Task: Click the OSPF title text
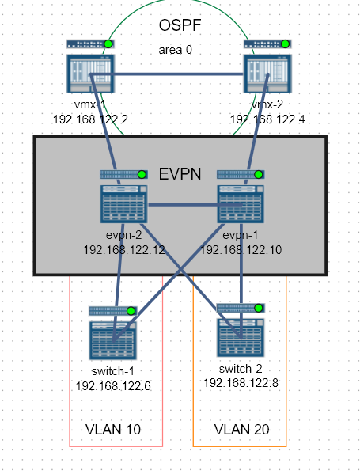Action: (x=180, y=25)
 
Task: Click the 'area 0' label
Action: (x=176, y=50)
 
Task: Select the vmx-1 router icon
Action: (x=90, y=74)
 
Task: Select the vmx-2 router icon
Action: (x=267, y=74)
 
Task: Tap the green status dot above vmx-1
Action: (x=108, y=44)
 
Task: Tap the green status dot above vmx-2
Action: (x=286, y=44)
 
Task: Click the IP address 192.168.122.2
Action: (x=90, y=119)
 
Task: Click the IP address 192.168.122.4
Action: (x=267, y=119)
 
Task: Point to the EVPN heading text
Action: (x=180, y=174)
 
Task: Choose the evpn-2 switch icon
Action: (x=124, y=204)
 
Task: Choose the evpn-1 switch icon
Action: (x=241, y=204)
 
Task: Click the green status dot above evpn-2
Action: (x=142, y=175)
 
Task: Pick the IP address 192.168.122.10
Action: (x=241, y=250)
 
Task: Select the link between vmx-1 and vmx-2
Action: (x=167, y=74)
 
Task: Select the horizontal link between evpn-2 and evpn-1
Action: (x=195, y=205)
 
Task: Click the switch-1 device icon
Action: (x=112, y=341)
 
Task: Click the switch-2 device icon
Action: (x=241, y=338)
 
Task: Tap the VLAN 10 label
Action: (x=113, y=429)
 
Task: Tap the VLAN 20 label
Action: (x=241, y=429)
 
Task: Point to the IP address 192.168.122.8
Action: (x=241, y=383)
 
